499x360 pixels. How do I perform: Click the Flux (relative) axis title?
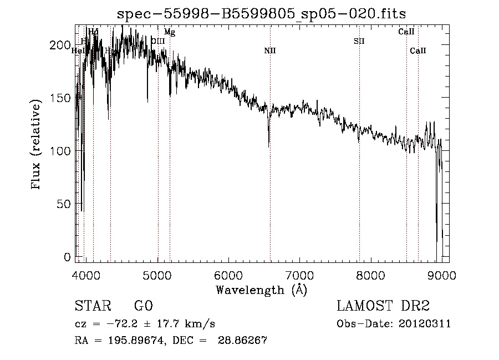point(37,145)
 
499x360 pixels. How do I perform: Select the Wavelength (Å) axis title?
point(261,290)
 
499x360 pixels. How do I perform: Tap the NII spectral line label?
point(270,51)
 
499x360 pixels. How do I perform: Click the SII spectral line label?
point(359,41)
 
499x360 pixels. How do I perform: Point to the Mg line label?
point(170,33)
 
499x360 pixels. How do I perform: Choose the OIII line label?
point(158,40)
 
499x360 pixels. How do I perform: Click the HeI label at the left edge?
point(78,50)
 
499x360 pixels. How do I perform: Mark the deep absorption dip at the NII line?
point(269,143)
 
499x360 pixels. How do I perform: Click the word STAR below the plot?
point(91,306)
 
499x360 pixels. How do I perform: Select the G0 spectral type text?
point(143,306)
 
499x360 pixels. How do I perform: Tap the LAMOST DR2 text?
point(383,306)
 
